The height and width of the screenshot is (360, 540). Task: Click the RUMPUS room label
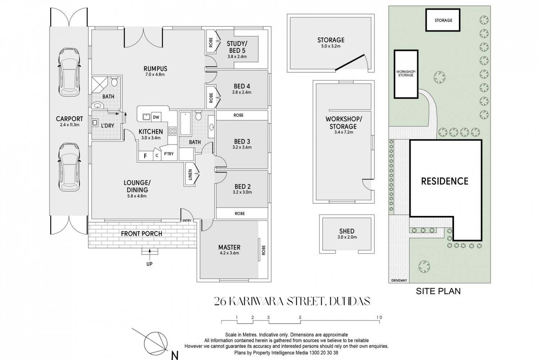155,69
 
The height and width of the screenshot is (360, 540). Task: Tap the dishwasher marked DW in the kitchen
156,117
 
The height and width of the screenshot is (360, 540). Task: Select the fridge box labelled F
145,156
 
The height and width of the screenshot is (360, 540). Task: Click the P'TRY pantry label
169,154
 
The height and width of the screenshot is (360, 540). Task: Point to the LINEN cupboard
190,174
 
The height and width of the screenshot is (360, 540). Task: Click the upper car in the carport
69,72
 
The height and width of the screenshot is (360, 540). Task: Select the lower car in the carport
69,167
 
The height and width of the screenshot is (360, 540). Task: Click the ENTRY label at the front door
187,220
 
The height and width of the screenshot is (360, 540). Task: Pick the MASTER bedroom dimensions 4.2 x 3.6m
229,253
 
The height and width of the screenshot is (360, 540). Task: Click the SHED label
347,231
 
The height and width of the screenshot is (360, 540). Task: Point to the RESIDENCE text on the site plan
445,181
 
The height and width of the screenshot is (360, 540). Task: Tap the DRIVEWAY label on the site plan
399,280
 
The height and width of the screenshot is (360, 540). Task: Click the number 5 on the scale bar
300,317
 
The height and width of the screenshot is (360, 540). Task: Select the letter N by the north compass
175,355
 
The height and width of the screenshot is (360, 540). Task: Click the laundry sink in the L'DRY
95,123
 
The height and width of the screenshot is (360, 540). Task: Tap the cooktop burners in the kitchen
172,131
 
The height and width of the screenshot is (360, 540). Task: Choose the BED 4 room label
242,86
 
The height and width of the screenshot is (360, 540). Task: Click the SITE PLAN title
438,291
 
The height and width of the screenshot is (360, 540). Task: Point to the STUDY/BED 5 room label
237,47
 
